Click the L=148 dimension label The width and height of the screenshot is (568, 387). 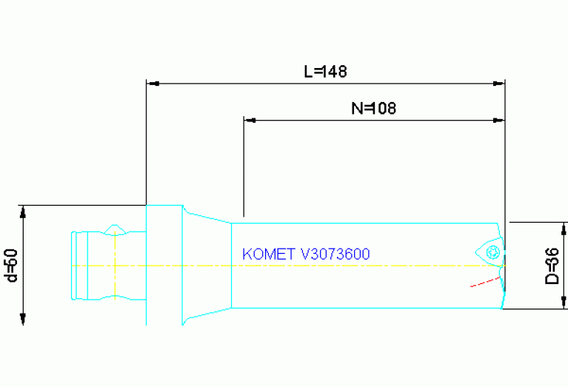click(325, 72)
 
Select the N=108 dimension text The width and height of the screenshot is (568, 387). click(373, 108)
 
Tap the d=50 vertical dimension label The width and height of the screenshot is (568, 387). click(11, 265)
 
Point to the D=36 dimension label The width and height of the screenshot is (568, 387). click(552, 266)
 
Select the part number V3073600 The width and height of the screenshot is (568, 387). click(335, 254)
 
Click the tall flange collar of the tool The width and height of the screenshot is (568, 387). click(164, 265)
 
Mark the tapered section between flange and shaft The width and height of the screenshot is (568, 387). click(207, 265)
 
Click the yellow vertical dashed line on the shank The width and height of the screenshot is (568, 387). click(115, 266)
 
